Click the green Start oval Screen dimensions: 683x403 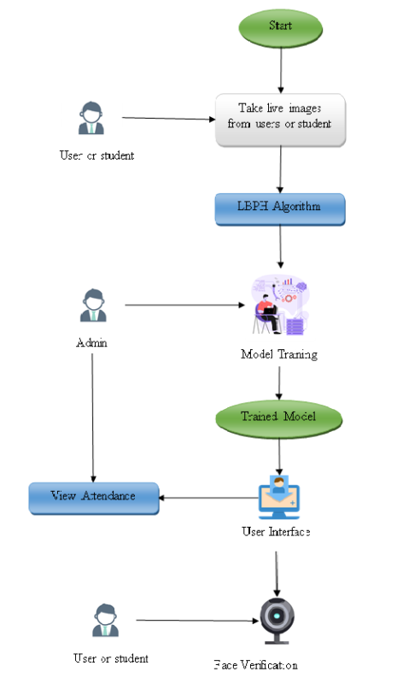(x=280, y=26)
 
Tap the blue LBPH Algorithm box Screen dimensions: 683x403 (x=279, y=207)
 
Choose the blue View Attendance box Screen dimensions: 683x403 (x=94, y=497)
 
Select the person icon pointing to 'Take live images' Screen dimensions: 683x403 (x=91, y=118)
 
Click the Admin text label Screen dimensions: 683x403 (x=91, y=342)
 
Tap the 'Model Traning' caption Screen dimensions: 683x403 (x=278, y=354)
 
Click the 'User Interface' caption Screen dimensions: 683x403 (x=276, y=532)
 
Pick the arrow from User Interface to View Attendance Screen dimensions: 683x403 (x=209, y=498)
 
